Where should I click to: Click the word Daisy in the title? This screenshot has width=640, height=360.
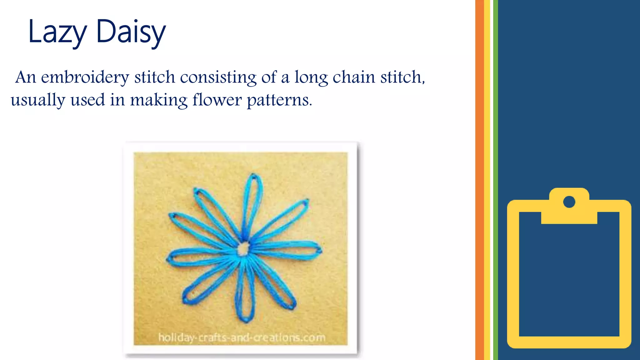pos(131,32)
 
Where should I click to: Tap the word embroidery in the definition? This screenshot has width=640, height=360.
pos(85,77)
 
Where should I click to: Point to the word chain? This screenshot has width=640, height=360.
pos(353,77)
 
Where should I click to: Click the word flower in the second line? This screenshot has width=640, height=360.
pos(217,100)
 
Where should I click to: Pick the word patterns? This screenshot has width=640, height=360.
pos(279,100)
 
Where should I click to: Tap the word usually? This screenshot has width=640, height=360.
pos(38,100)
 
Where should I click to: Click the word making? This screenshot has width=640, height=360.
pos(158,100)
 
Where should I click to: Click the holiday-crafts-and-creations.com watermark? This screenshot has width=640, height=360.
pos(242,337)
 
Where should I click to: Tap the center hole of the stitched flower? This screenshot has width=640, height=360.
pos(243,249)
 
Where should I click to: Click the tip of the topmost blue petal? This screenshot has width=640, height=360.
pos(254,177)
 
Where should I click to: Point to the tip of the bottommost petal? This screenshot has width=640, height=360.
pos(246,320)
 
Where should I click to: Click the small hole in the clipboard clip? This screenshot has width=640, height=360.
pos(569,202)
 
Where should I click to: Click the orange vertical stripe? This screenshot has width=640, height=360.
pos(479,180)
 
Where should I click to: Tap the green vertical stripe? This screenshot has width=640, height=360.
pos(496,180)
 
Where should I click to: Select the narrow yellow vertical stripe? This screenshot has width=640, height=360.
pos(487,180)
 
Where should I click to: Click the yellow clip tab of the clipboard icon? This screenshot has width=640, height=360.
pos(569,216)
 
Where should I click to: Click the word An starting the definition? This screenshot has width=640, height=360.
pos(26,77)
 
